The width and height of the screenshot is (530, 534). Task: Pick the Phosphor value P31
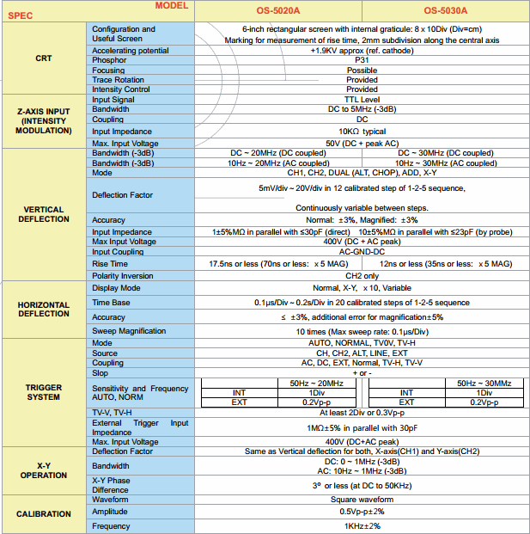pos(362,60)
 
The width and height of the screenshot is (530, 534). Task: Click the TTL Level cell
pos(362,100)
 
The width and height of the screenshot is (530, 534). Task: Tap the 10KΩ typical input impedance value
pos(362,131)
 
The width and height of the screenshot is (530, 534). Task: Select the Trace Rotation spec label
pos(119,80)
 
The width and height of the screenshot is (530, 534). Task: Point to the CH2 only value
pos(362,275)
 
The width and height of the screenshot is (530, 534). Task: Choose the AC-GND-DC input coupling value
pos(362,252)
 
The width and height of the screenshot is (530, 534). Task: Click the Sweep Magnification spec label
pos(129,331)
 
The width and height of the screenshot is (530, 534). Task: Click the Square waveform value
pos(362,500)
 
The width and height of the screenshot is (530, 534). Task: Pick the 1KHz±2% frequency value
pos(362,525)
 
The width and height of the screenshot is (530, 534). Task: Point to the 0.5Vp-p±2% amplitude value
pos(362,512)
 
